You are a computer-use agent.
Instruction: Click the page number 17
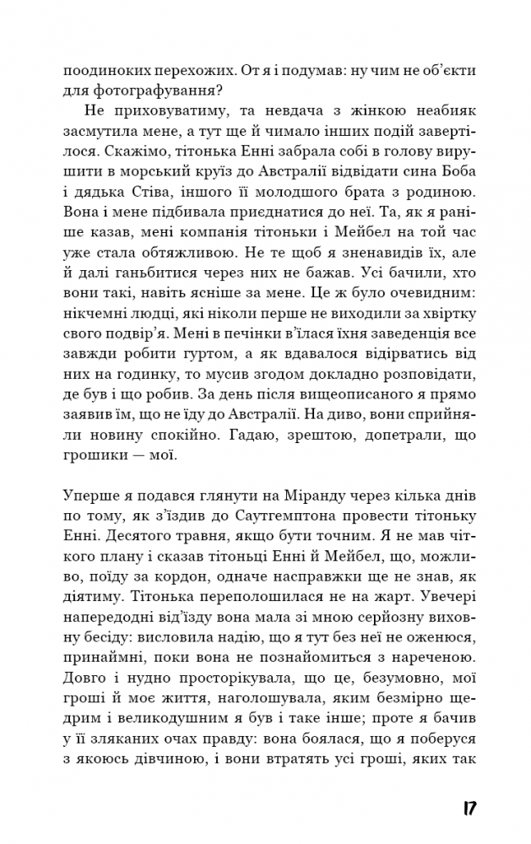coord(470,808)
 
